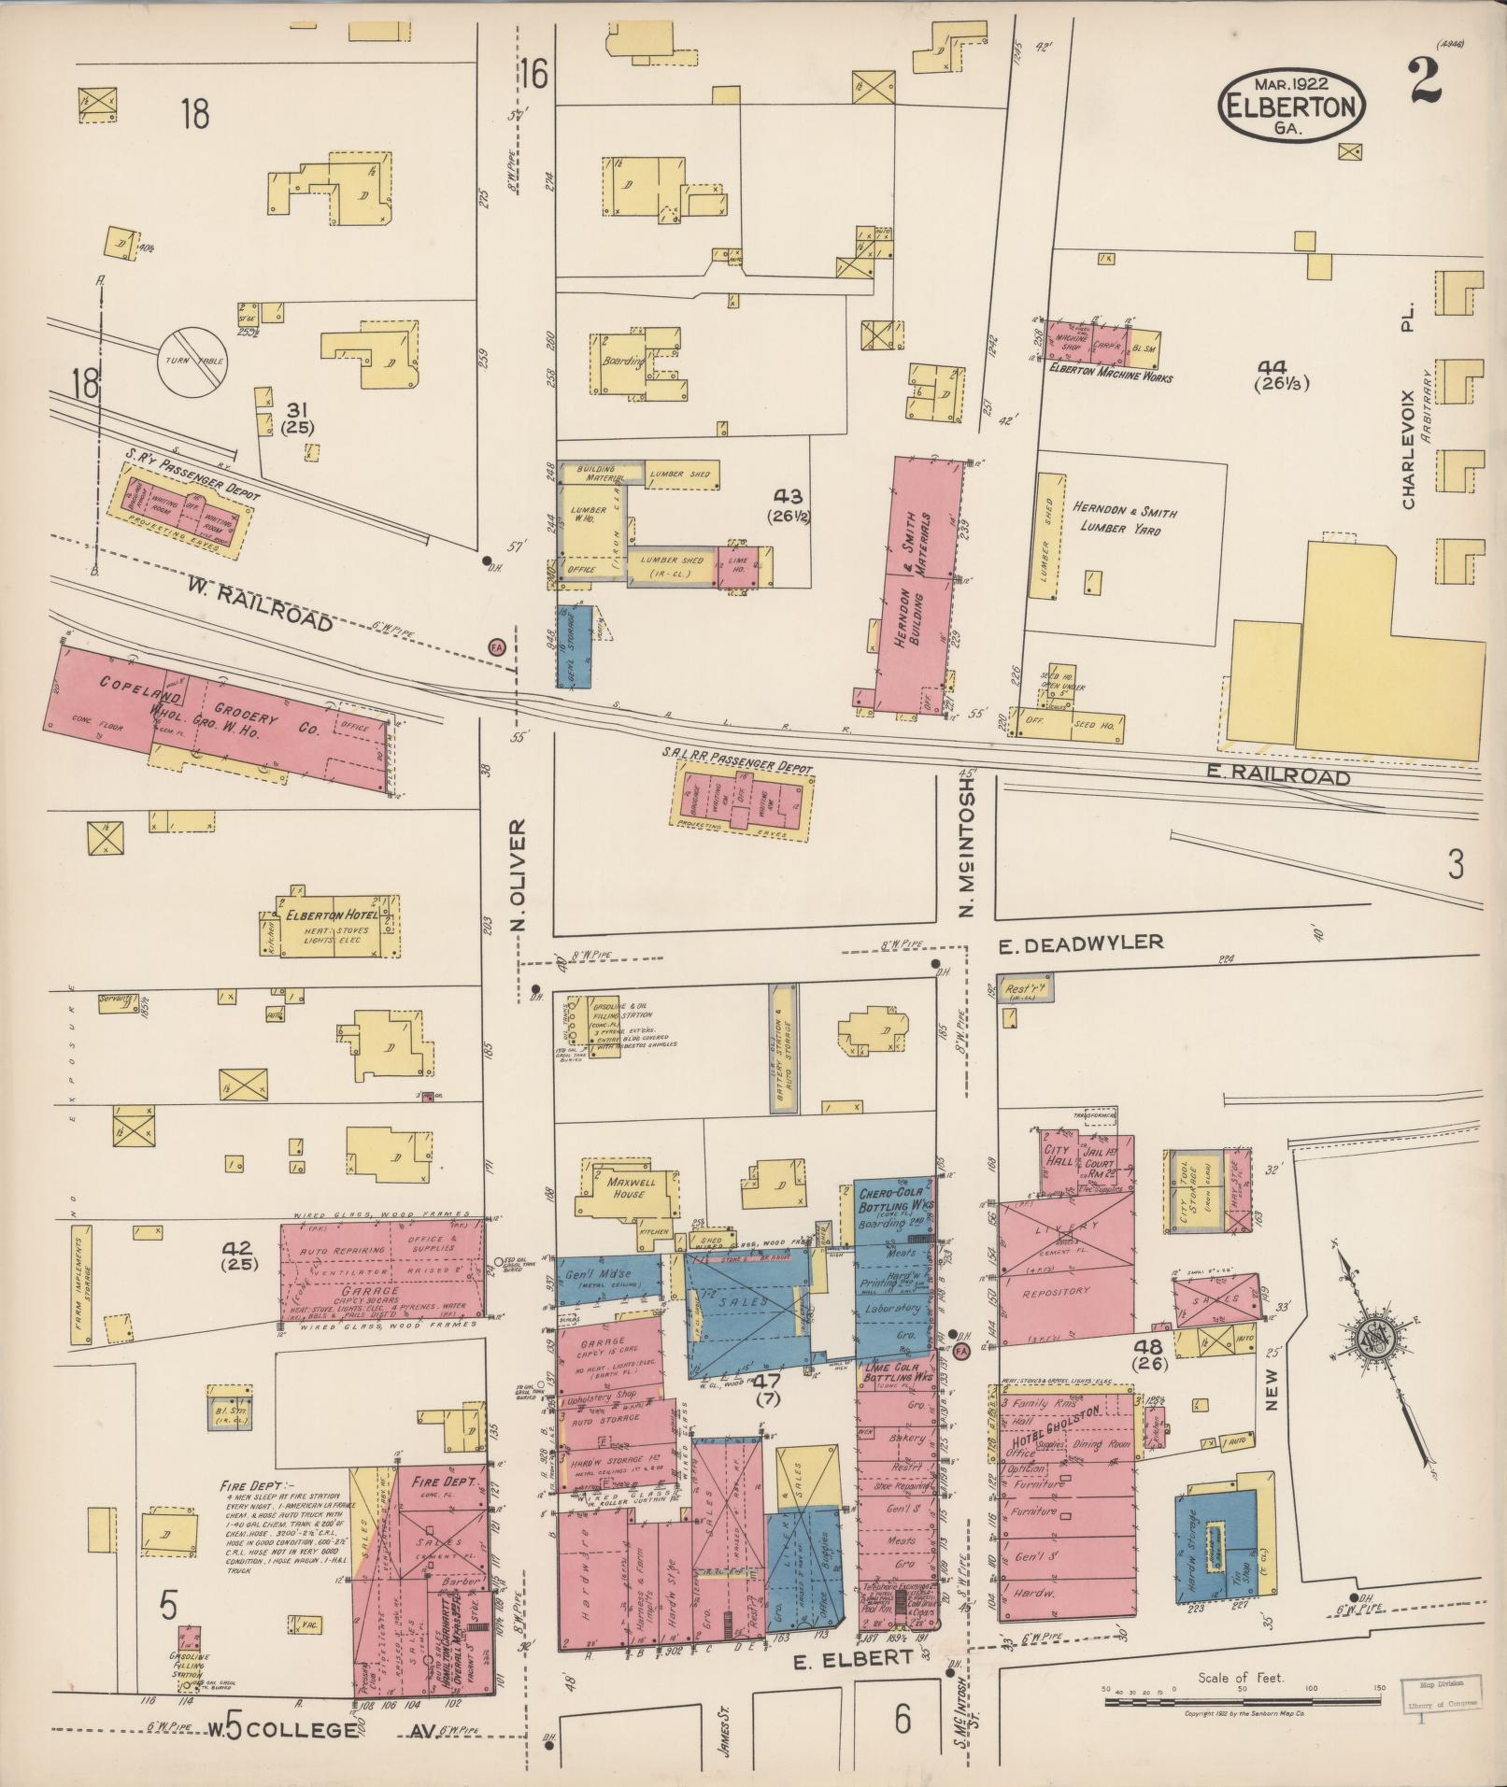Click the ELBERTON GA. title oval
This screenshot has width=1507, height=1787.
click(x=1291, y=106)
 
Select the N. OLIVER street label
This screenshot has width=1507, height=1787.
click(x=518, y=875)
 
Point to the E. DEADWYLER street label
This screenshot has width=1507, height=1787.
click(x=1081, y=943)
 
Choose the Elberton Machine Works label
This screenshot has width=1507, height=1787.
click(x=1109, y=378)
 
